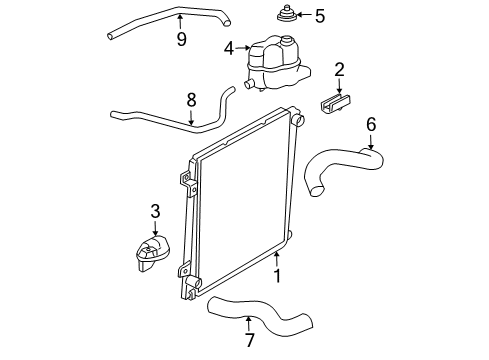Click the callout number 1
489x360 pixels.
[x=277, y=270]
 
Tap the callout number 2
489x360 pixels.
[x=339, y=69]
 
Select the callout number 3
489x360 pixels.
[x=155, y=211]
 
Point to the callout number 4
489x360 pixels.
[x=229, y=47]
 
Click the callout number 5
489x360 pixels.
[x=320, y=15]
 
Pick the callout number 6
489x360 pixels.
[x=371, y=125]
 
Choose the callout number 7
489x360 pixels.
[x=249, y=341]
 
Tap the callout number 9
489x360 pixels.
[x=181, y=41]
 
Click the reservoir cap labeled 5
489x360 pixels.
[x=279, y=17]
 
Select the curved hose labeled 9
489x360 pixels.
[x=170, y=18]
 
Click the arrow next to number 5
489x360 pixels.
[x=302, y=15]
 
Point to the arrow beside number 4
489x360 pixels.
[x=243, y=47]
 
